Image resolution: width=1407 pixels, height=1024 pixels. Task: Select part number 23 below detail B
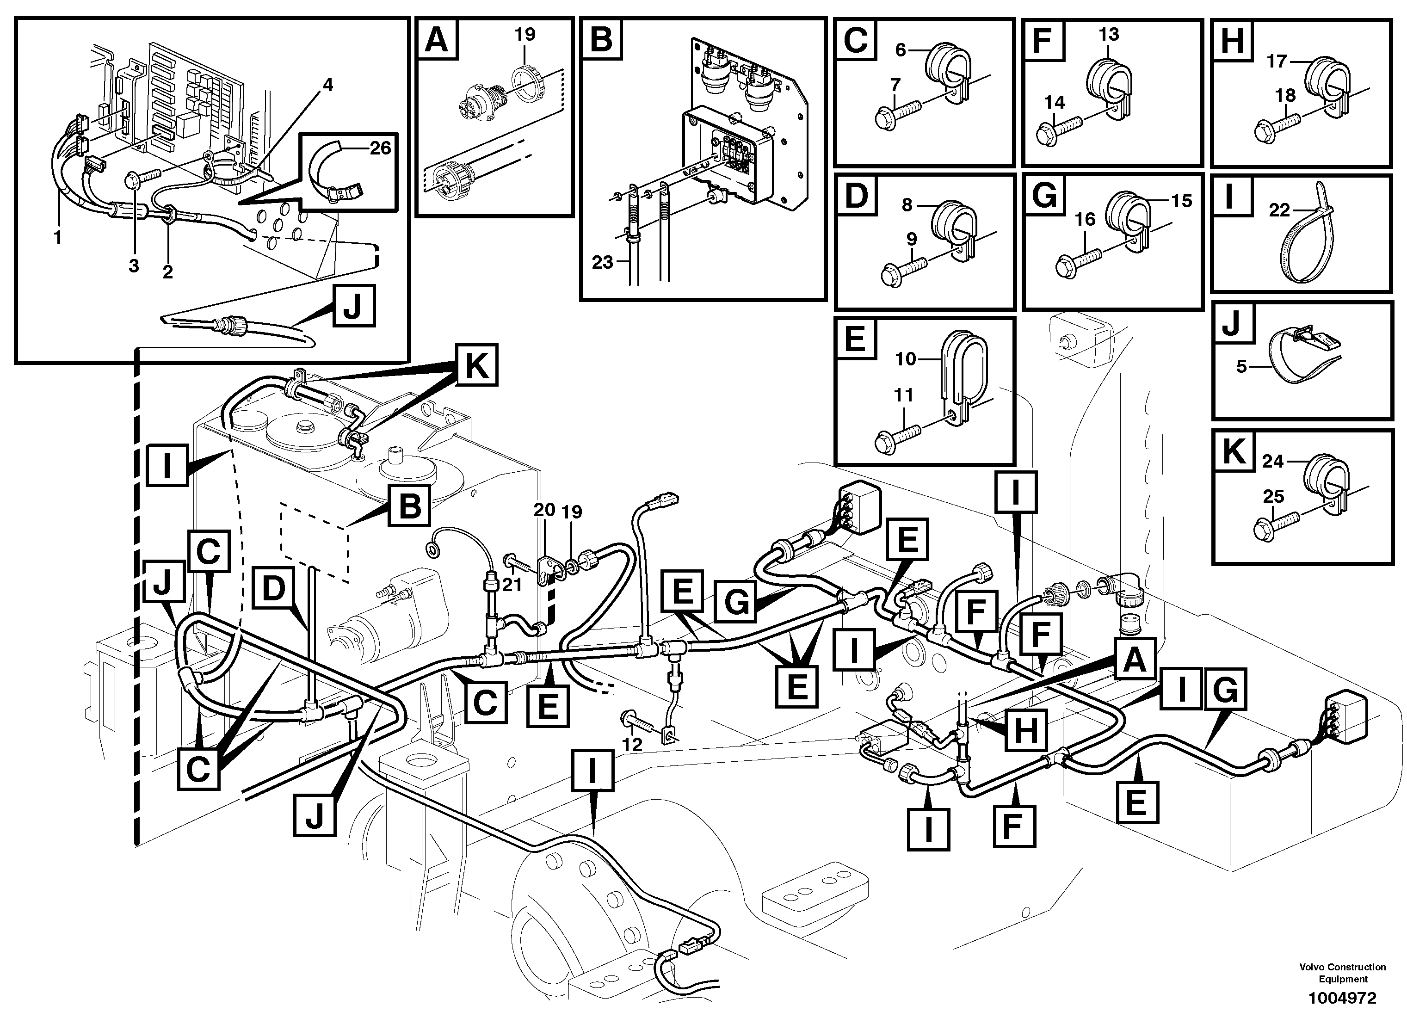tap(602, 262)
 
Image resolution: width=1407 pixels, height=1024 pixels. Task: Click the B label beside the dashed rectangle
tap(409, 506)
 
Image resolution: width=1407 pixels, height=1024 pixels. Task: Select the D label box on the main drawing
tap(273, 587)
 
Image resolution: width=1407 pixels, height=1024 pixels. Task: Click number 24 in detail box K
tap(1272, 462)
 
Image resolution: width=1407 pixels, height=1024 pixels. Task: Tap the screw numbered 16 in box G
tap(1078, 262)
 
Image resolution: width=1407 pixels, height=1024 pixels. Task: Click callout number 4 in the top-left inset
tap(327, 85)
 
